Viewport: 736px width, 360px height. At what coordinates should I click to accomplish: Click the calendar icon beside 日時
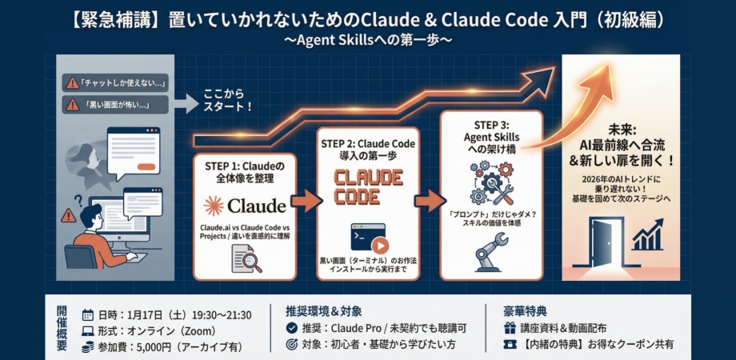coord(88,314)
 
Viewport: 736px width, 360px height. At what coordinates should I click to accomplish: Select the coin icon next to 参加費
coord(88,346)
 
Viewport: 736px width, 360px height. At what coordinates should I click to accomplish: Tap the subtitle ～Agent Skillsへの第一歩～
coord(368,38)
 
